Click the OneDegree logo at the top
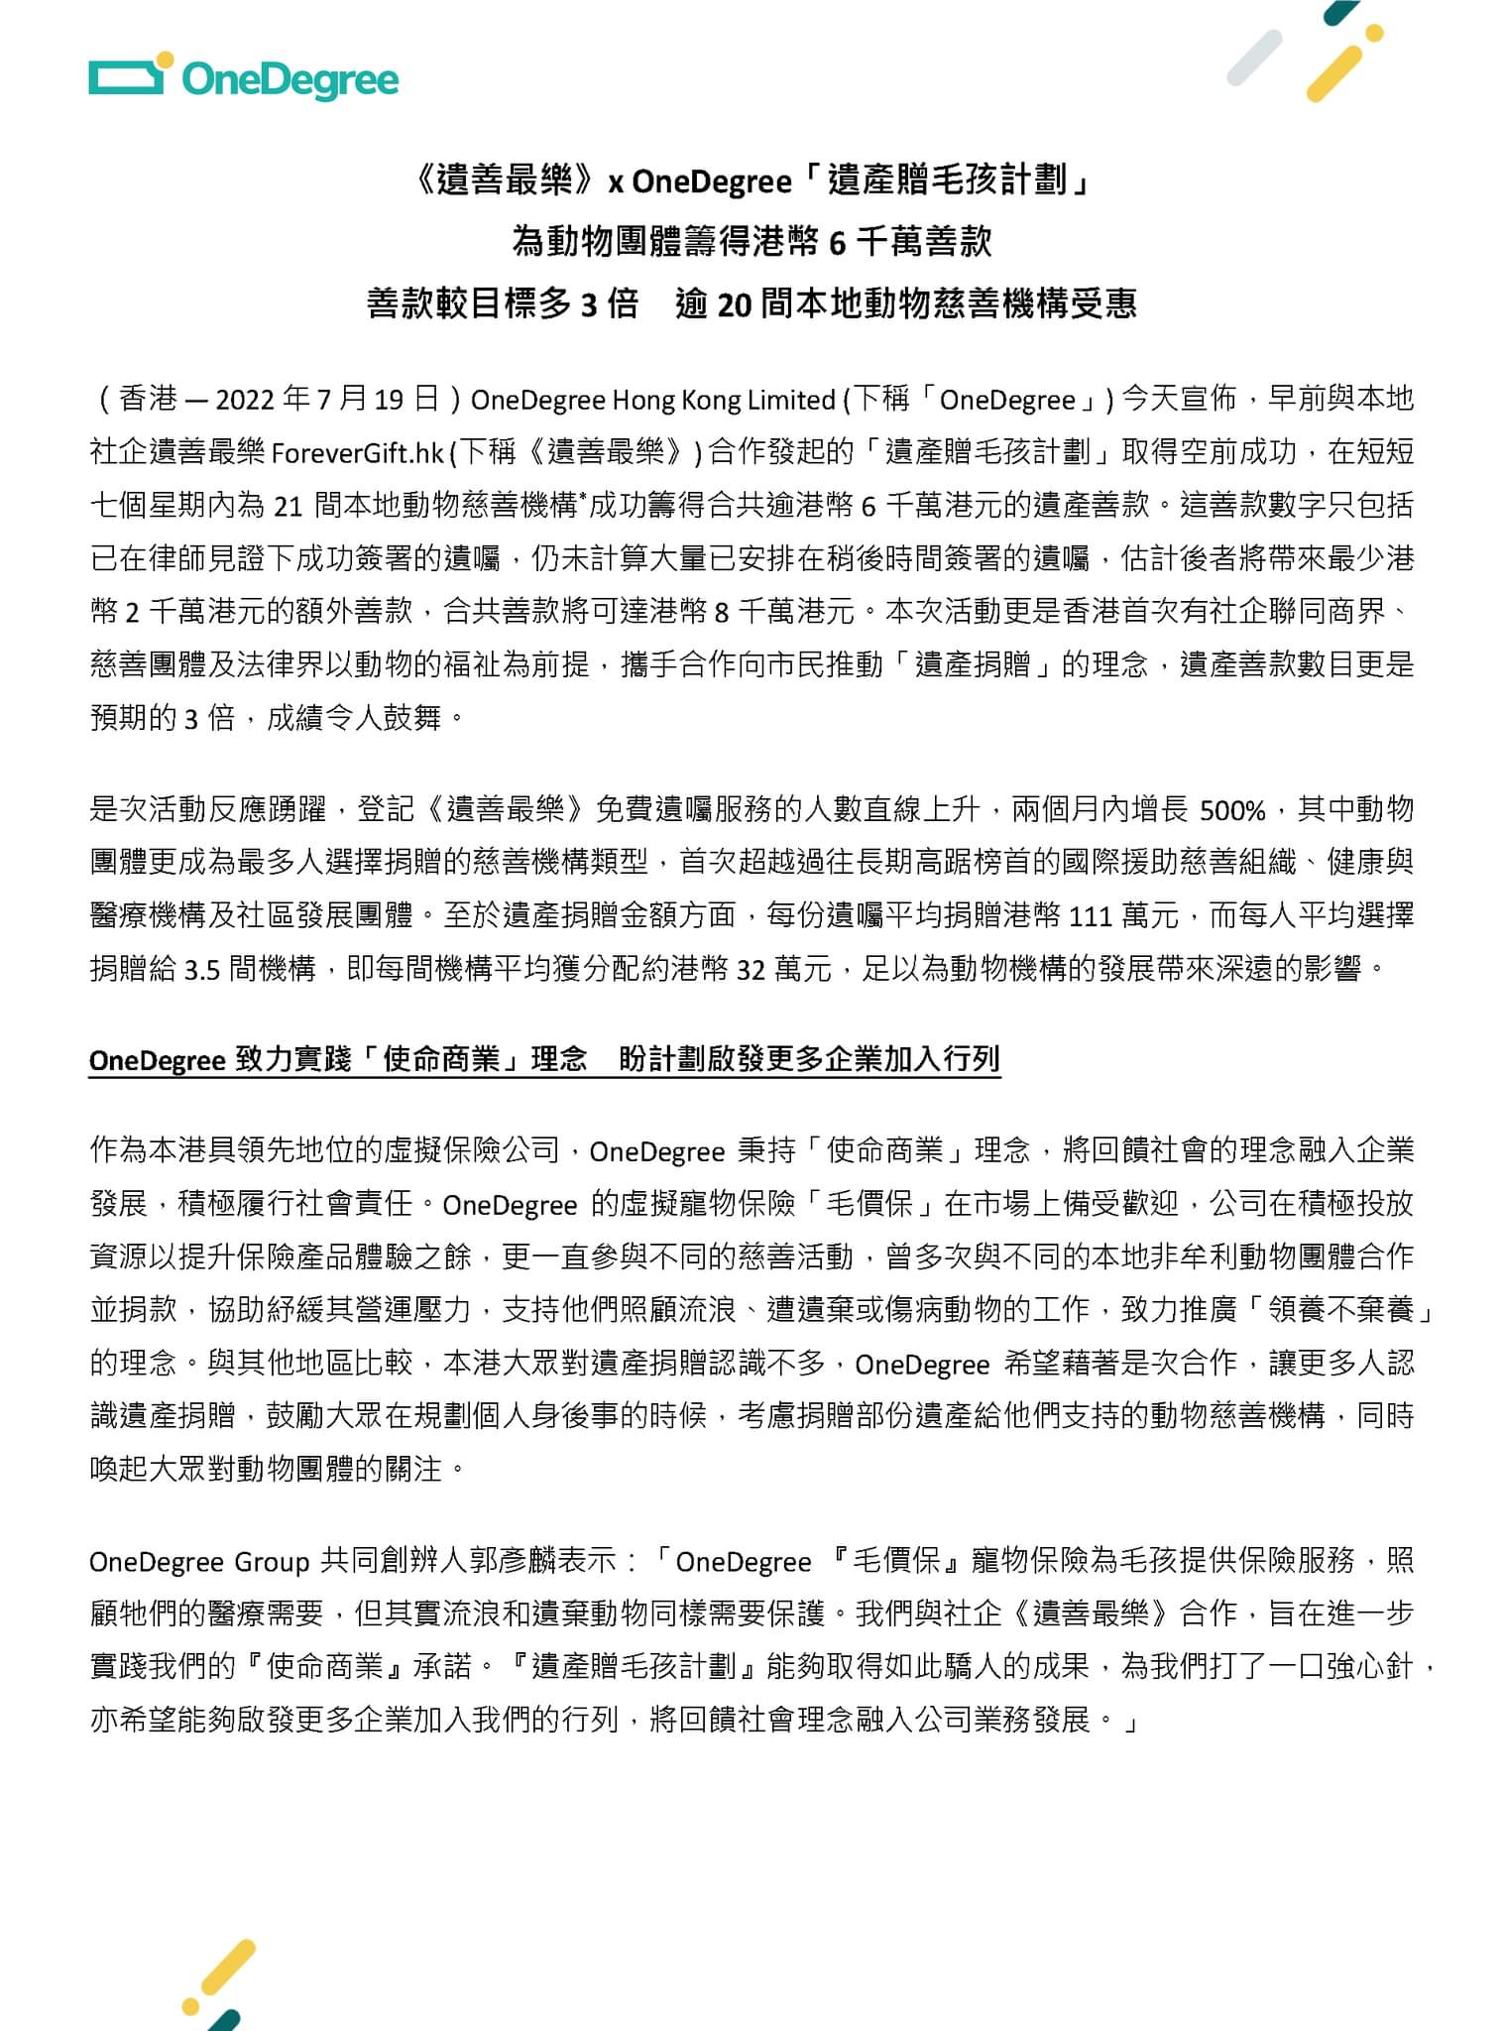point(243,78)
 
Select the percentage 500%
point(1232,811)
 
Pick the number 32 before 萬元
point(751,969)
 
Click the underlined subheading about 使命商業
point(544,1060)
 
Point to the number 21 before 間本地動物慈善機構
point(287,507)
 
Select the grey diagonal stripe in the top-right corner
point(1254,58)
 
